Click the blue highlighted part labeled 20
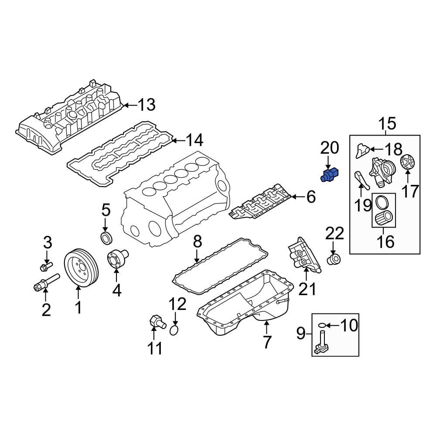point(330,175)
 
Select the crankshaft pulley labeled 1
point(81,267)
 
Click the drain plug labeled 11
point(155,323)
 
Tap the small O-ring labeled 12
point(174,330)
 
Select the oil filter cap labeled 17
point(409,164)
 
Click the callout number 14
point(194,140)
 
